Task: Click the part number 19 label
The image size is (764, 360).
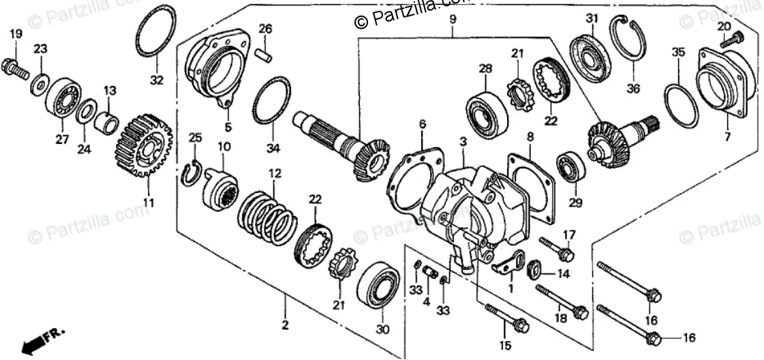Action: click(x=15, y=33)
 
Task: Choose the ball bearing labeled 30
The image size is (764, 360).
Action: click(x=378, y=283)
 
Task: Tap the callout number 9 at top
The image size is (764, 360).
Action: click(x=452, y=20)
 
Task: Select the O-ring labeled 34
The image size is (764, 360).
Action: click(x=272, y=102)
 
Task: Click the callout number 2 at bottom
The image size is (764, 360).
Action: click(x=285, y=325)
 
